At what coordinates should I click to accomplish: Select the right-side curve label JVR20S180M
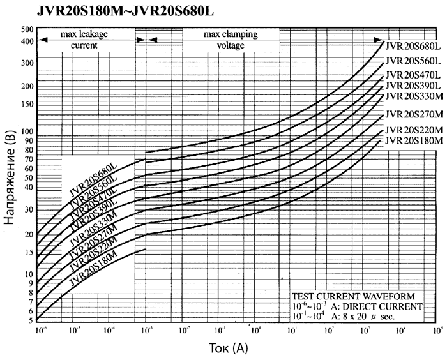coord(414,140)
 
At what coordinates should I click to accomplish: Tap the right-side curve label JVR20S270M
coord(414,114)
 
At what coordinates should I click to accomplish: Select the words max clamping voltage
coord(231,40)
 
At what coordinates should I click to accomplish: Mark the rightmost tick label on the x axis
coord(437,331)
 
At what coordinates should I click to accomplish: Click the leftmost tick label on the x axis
coord(39,331)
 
